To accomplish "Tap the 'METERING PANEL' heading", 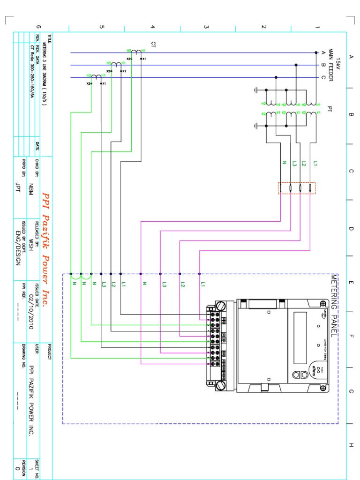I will pyautogui.click(x=334, y=306).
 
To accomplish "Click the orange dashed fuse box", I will pyautogui.click(x=297, y=188).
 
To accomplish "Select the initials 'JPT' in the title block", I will pyautogui.click(x=19, y=188).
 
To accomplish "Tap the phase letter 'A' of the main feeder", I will pyautogui.click(x=323, y=52).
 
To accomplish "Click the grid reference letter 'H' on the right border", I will pyautogui.click(x=351, y=444).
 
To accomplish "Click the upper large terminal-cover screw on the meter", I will pyautogui.click(x=221, y=307).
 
